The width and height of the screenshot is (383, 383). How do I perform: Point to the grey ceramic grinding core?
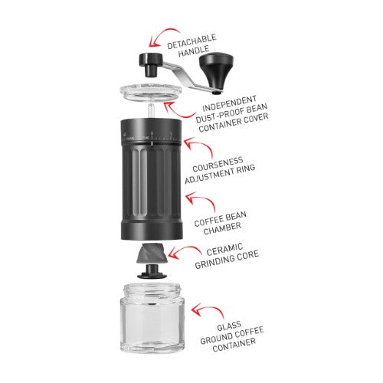151,254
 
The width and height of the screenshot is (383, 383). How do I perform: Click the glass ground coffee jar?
151,322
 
